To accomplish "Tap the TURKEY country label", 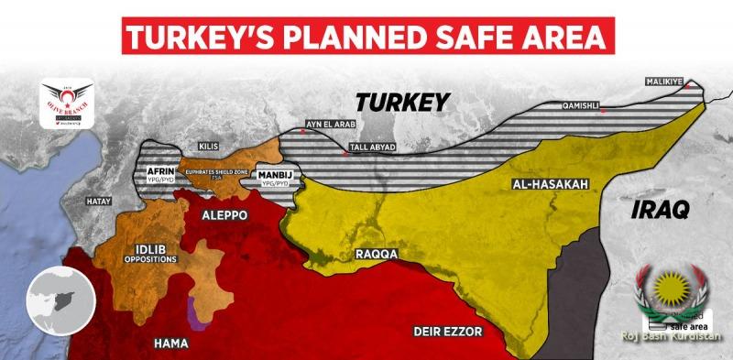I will (x=403, y=101).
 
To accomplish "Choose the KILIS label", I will (x=209, y=146).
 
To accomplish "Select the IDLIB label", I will (x=149, y=249).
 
